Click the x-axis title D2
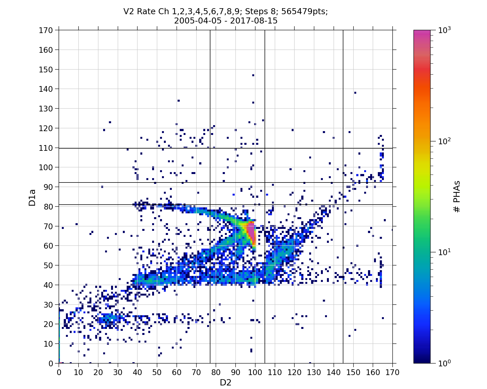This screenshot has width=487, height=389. (x=225, y=382)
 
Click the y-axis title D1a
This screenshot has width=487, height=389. (x=32, y=197)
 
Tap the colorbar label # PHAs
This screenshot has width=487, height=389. (x=457, y=197)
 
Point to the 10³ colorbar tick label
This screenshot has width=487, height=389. (x=445, y=30)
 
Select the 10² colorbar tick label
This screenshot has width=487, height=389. (x=445, y=141)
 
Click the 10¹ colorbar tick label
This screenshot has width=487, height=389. (x=445, y=252)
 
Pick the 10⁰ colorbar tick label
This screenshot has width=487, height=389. (x=445, y=363)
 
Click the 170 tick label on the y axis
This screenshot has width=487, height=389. (x=46, y=30)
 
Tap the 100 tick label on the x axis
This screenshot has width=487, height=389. (x=255, y=372)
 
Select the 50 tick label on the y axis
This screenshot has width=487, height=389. (x=48, y=266)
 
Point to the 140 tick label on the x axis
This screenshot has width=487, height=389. (x=334, y=372)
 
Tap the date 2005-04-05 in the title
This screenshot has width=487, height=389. (x=198, y=21)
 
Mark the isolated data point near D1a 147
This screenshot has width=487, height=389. (x=253, y=75)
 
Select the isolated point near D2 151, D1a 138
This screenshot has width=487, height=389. (x=355, y=93)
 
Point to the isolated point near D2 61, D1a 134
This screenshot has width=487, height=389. (x=178, y=101)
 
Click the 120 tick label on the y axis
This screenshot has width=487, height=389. (x=46, y=128)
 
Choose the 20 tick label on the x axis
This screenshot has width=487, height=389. (x=98, y=372)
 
